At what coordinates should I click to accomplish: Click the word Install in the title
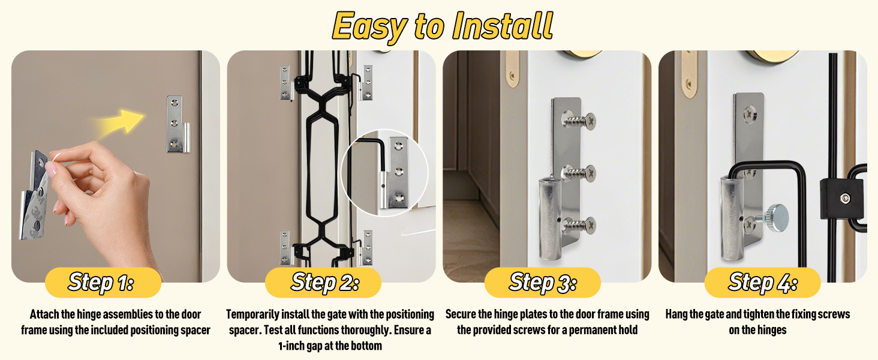coord(503,26)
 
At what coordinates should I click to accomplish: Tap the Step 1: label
coord(101,282)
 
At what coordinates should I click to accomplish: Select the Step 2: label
coord(325,282)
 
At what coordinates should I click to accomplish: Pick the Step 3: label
coord(543,282)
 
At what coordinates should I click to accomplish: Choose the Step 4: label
coord(762,282)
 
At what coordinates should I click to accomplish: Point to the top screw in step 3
coord(579,121)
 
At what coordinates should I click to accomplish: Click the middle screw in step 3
coord(579,173)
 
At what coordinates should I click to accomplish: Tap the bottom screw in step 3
coord(579,225)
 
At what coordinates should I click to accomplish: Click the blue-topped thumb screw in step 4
coord(774,217)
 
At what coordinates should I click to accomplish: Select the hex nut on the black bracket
coord(843,199)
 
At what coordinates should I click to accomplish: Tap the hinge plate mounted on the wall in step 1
coord(178,124)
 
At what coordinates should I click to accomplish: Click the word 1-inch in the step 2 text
coord(291,346)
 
